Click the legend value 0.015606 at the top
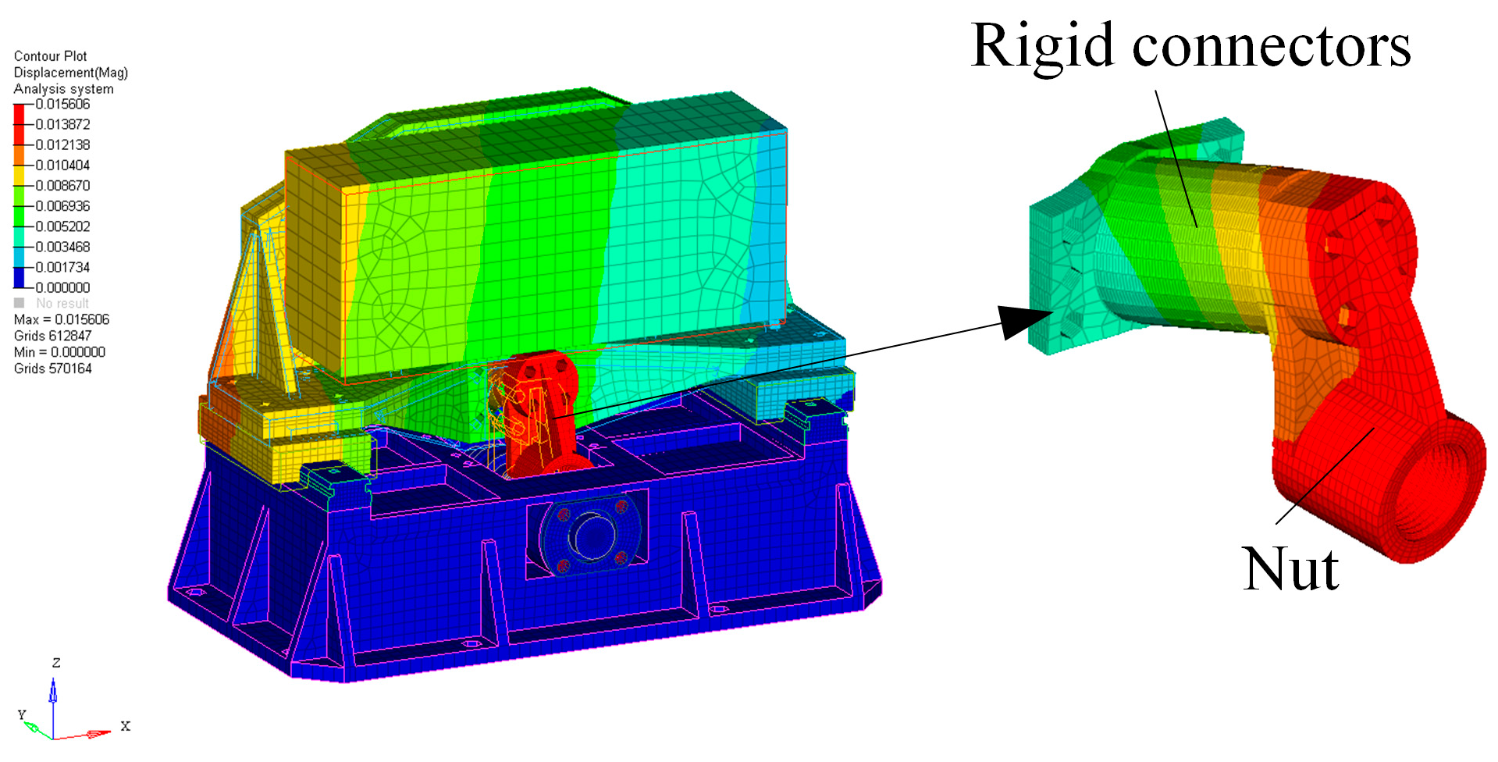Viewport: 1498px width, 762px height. pyautogui.click(x=62, y=104)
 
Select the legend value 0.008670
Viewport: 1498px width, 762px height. pyautogui.click(x=62, y=186)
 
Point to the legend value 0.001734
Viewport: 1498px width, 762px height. pyautogui.click(x=62, y=267)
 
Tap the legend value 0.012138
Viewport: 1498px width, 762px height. pyautogui.click(x=62, y=144)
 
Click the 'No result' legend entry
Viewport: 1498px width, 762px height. pyautogui.click(x=62, y=303)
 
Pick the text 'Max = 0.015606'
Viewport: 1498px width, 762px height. pyautogui.click(x=62, y=319)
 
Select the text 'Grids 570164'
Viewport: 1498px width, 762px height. pyautogui.click(x=53, y=369)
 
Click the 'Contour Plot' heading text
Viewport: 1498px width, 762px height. pyautogui.click(x=51, y=56)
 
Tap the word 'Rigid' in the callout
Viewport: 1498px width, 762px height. pyautogui.click(x=1042, y=47)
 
